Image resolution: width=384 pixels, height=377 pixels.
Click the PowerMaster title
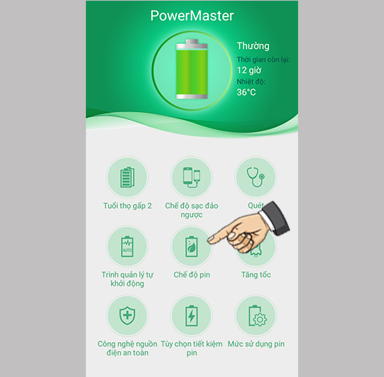(x=192, y=16)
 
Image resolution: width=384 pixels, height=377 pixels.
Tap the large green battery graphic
(x=192, y=69)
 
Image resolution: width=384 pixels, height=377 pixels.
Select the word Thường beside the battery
(x=253, y=46)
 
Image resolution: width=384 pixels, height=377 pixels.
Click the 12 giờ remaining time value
(x=249, y=71)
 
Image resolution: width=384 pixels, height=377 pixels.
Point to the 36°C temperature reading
(x=246, y=92)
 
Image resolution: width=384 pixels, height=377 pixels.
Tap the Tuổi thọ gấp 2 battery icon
(x=127, y=177)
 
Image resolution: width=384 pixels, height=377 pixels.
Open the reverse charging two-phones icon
(x=191, y=177)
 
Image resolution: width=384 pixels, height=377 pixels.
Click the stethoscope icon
(x=256, y=177)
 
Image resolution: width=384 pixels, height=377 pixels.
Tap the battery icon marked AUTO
(x=127, y=246)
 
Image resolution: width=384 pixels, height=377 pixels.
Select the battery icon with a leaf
(x=191, y=246)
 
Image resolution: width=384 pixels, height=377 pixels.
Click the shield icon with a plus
(x=127, y=316)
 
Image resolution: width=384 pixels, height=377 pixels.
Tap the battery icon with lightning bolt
(x=191, y=316)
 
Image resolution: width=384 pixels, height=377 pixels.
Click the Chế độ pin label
(x=192, y=274)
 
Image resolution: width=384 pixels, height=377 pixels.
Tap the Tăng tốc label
(x=256, y=274)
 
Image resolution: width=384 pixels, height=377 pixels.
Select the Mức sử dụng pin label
(x=256, y=344)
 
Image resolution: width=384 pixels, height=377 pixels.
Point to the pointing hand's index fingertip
(x=209, y=240)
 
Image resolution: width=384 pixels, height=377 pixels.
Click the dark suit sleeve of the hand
(x=276, y=219)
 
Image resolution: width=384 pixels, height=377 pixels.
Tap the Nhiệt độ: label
(x=251, y=82)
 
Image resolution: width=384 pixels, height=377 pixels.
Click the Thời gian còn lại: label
(x=263, y=59)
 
